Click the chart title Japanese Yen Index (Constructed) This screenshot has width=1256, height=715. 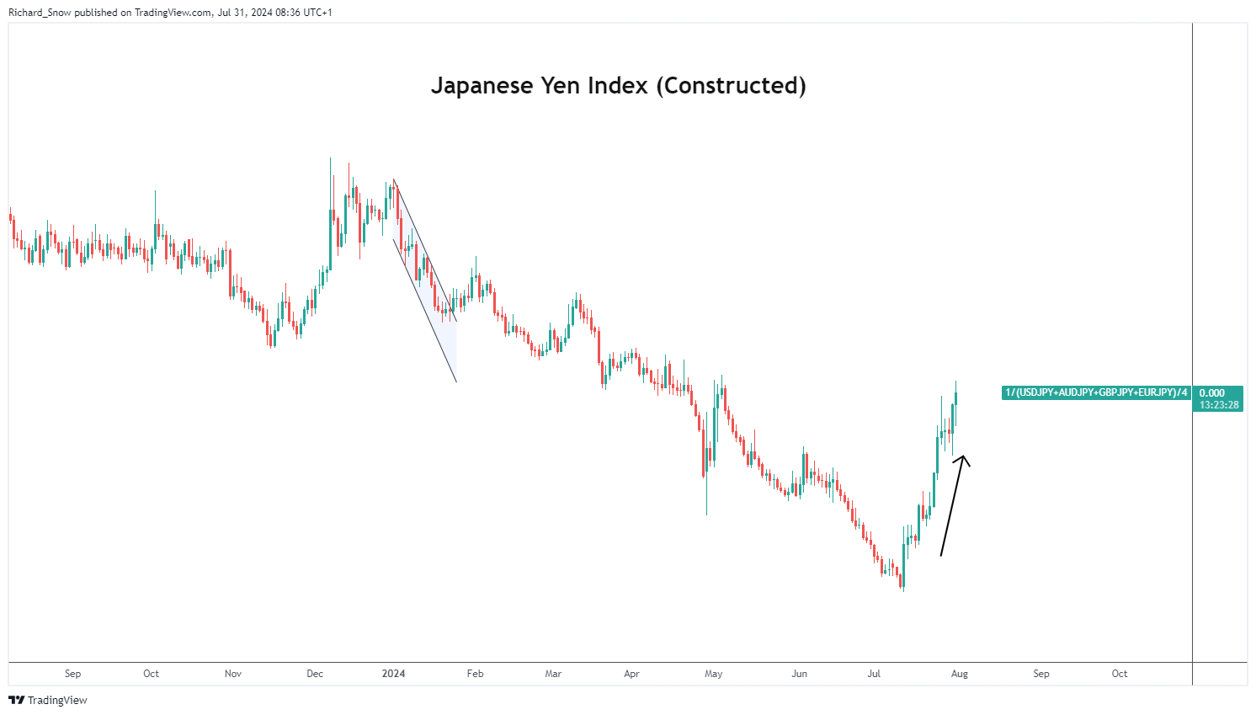pyautogui.click(x=618, y=86)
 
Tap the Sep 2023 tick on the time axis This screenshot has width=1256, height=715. pyautogui.click(x=73, y=674)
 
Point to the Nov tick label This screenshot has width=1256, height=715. pyautogui.click(x=233, y=674)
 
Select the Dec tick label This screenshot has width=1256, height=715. pyautogui.click(x=315, y=674)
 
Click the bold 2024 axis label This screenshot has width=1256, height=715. pyautogui.click(x=393, y=674)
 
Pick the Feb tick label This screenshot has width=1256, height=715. pyautogui.click(x=475, y=674)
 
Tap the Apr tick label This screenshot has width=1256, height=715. pyautogui.click(x=631, y=674)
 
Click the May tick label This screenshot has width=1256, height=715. pyautogui.click(x=713, y=674)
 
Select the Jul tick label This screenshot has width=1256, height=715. pyautogui.click(x=874, y=674)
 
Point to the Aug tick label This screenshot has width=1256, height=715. pyautogui.click(x=959, y=674)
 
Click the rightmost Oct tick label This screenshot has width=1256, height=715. pyautogui.click(x=1119, y=674)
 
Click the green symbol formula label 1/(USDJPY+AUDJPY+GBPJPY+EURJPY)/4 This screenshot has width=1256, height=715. pyautogui.click(x=1096, y=392)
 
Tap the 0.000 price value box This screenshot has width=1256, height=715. pyautogui.click(x=1211, y=393)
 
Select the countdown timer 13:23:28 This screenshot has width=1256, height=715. pyautogui.click(x=1218, y=405)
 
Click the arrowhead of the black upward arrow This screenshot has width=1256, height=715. pyautogui.click(x=964, y=458)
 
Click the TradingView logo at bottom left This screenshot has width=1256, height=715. pyautogui.click(x=48, y=701)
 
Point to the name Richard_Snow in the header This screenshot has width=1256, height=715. pyautogui.click(x=39, y=13)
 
